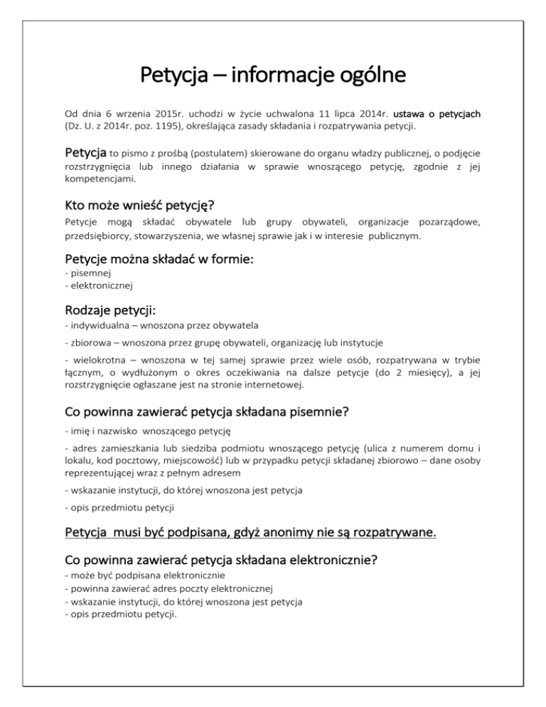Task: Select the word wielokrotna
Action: point(95,373)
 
